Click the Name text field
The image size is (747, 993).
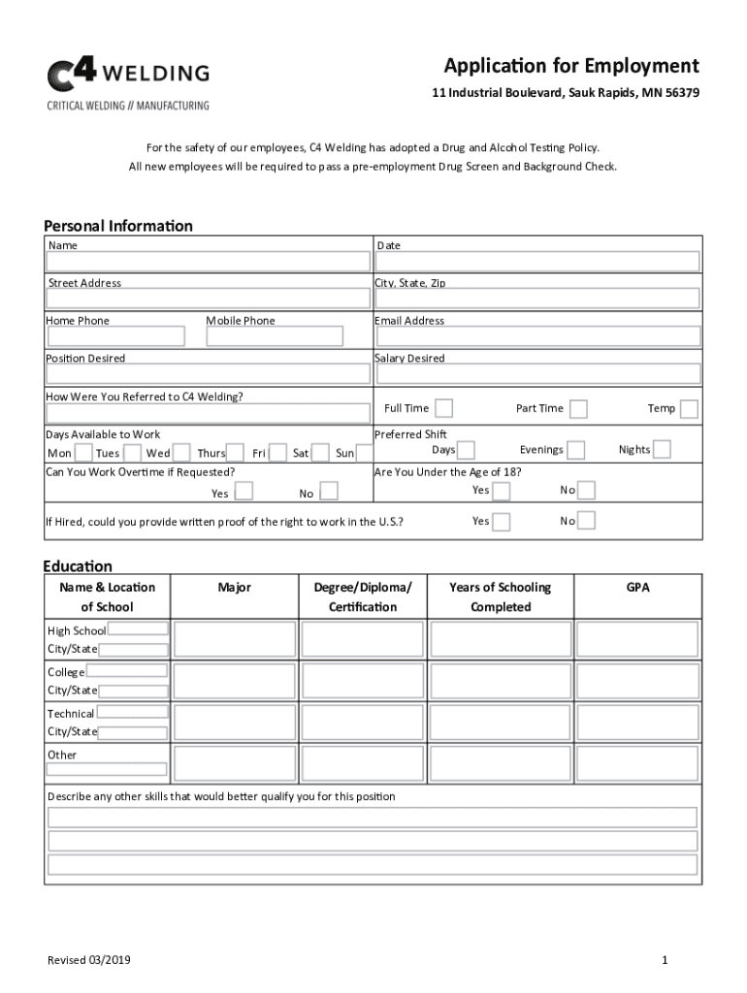[x=209, y=262]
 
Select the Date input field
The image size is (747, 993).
[x=536, y=262]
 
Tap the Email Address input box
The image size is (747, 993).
[x=536, y=336]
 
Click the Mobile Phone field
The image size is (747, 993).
[x=275, y=336]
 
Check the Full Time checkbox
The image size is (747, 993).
[x=443, y=408]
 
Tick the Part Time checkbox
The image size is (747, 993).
[x=578, y=408]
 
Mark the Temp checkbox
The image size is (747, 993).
[x=689, y=408]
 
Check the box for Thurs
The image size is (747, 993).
[x=235, y=453]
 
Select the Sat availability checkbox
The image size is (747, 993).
[x=319, y=453]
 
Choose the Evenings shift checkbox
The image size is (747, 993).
[x=576, y=450]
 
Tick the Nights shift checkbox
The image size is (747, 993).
[x=662, y=449]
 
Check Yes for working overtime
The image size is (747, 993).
[x=244, y=492]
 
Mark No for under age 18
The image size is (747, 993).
[x=586, y=490]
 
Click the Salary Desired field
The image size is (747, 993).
[x=536, y=373]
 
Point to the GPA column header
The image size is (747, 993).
[x=637, y=588]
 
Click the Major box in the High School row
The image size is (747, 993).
[x=234, y=639]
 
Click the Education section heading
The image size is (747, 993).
[x=78, y=566]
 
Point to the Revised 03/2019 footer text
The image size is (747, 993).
[x=89, y=960]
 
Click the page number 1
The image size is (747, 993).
[x=665, y=960]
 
